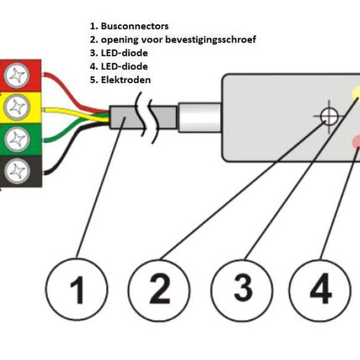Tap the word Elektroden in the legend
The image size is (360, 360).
click(x=130, y=80)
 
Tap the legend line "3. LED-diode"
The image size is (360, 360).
click(x=122, y=53)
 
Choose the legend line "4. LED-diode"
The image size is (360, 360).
click(x=122, y=66)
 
